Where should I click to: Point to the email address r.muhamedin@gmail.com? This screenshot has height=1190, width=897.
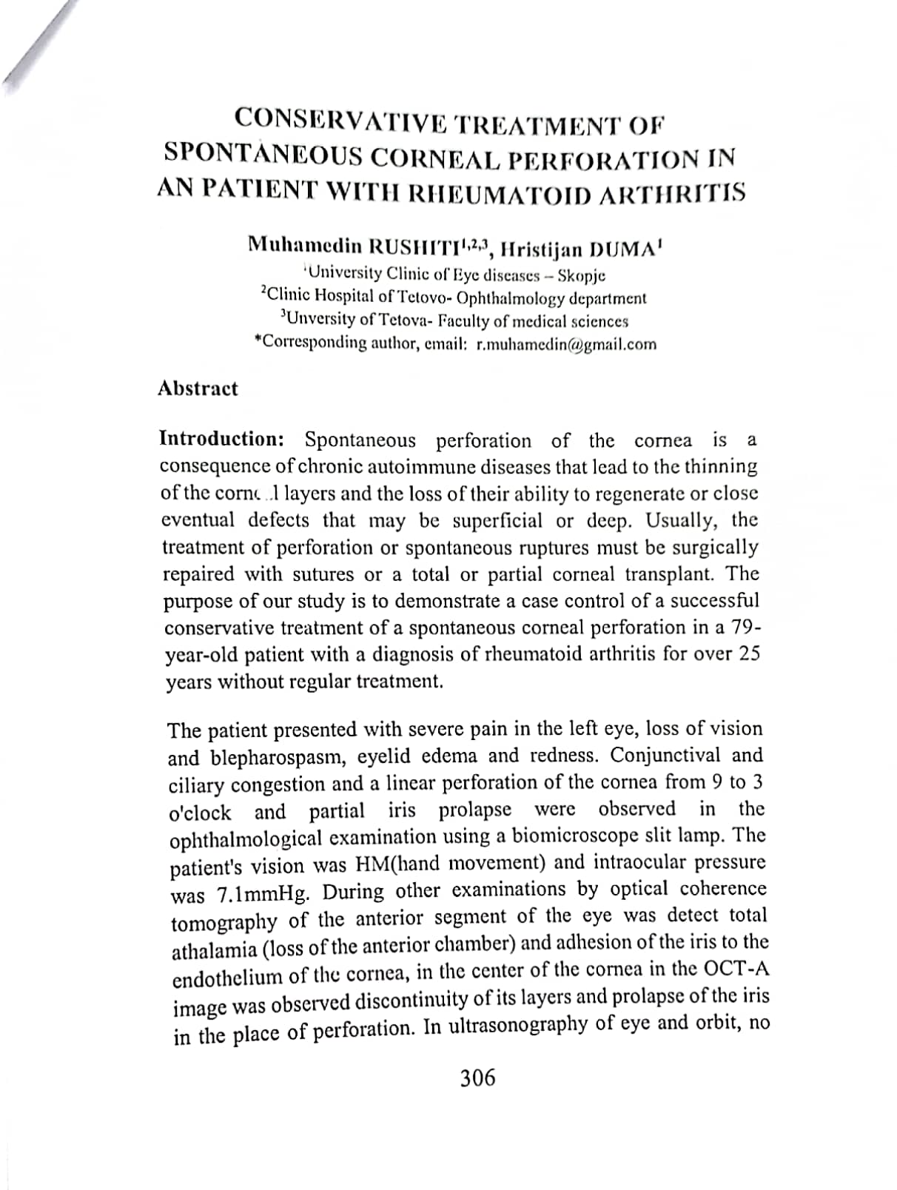click(566, 344)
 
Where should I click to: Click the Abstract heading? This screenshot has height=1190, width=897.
click(198, 389)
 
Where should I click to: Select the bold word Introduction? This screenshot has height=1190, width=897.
click(221, 439)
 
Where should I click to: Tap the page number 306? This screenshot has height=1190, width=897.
click(477, 1078)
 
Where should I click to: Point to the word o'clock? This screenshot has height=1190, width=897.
click(200, 813)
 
